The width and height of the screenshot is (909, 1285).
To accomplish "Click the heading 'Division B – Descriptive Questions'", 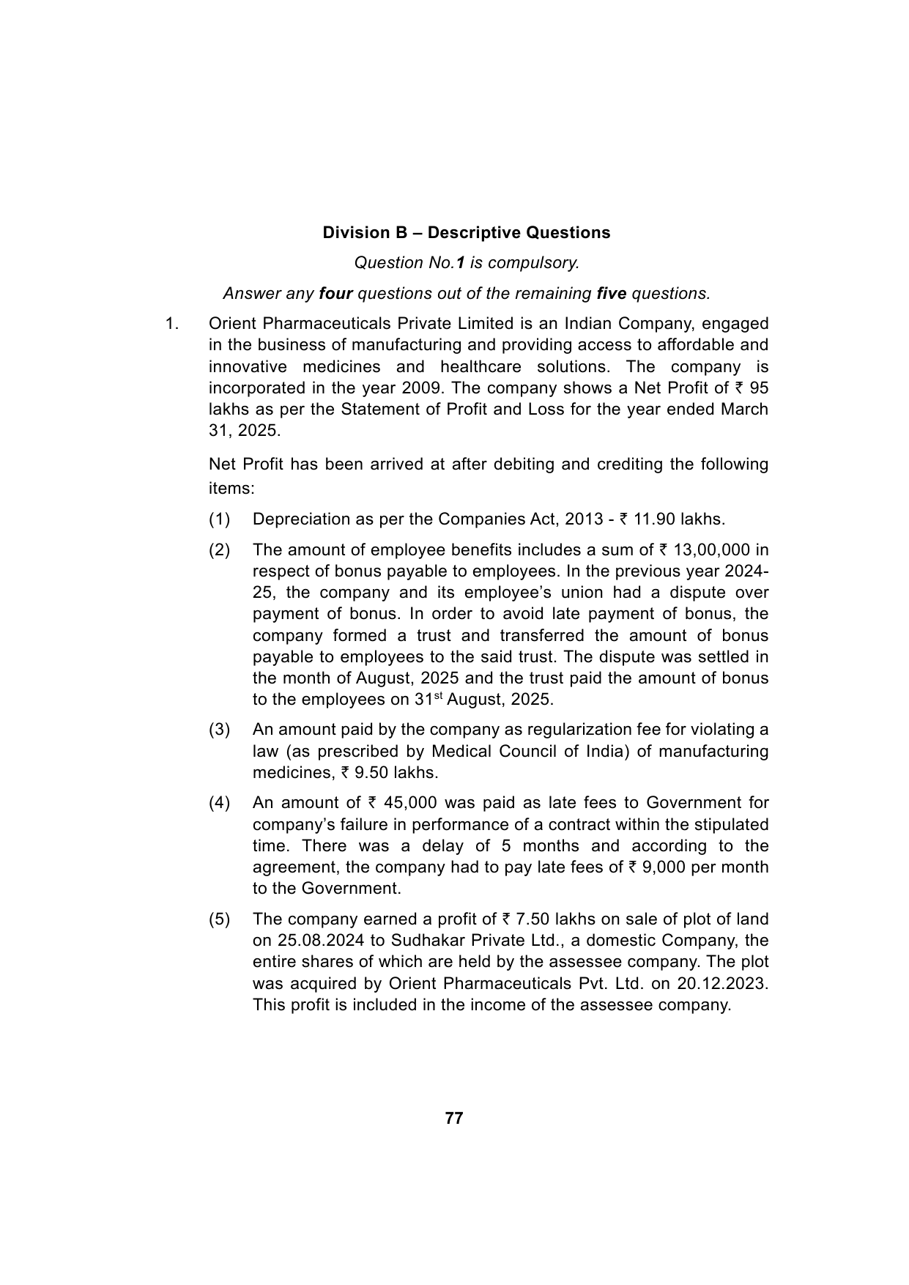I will pos(467,233).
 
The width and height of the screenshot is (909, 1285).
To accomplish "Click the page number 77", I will pos(454,1118).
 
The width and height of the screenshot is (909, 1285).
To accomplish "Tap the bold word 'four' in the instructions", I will pos(336,294).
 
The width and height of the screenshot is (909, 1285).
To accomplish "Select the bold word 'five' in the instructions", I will pos(612,294).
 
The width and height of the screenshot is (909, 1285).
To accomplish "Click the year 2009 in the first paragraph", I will pos(420,388).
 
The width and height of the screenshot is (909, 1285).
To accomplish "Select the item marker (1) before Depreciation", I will pos(220,519).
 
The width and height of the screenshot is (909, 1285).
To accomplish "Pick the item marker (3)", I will pos(220,730).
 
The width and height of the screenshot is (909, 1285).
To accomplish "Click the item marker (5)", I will pos(220,919).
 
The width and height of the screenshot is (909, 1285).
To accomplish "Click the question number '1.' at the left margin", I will pos(171,324).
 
